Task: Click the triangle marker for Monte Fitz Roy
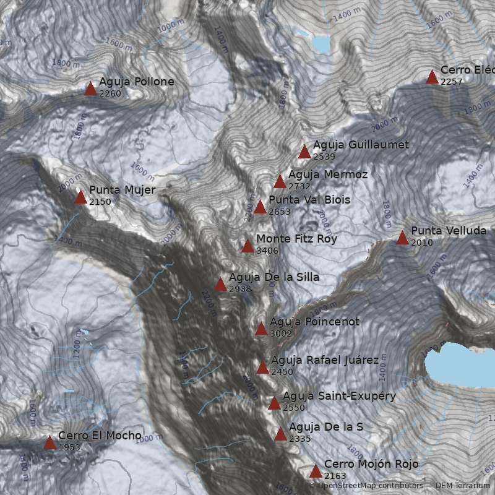247,246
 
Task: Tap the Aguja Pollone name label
136,82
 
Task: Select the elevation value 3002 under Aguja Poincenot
281,334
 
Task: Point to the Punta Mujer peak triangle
80,197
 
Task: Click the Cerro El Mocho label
100,436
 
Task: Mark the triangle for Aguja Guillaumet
304,152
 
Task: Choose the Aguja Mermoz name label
328,174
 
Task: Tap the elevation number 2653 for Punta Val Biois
279,212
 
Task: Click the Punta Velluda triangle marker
402,238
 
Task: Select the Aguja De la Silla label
274,277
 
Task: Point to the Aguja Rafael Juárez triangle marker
262,368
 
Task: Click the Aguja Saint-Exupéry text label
339,396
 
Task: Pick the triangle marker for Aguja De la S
280,434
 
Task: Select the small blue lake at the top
321,44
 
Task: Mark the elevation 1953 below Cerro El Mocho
69,447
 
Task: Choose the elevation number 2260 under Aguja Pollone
110,93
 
